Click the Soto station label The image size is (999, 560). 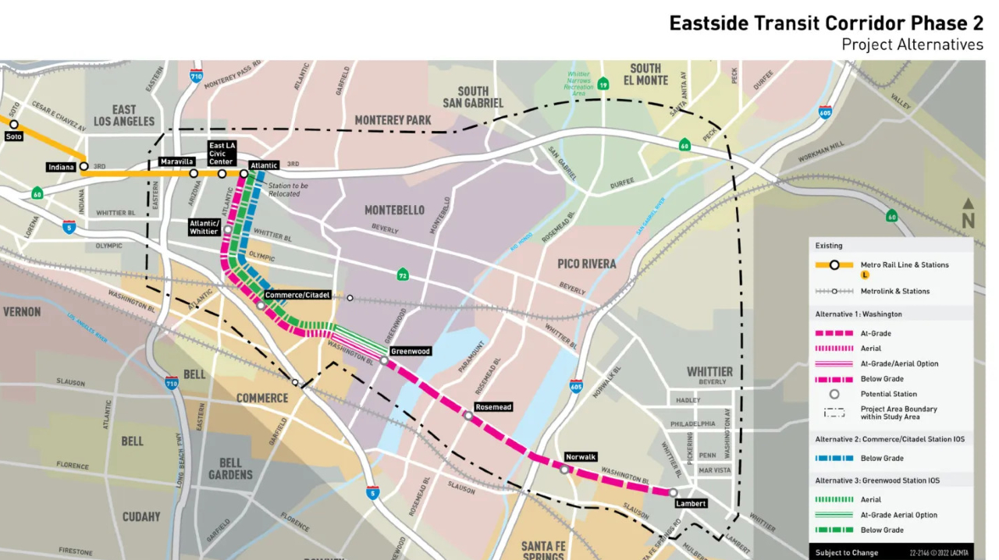(13, 136)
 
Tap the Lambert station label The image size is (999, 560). (691, 504)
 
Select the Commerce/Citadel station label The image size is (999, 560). (297, 296)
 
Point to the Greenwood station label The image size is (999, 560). (410, 351)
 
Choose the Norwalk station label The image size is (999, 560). (580, 457)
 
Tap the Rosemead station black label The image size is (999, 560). (493, 407)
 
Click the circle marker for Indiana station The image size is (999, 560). (84, 166)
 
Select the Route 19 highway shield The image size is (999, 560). (603, 84)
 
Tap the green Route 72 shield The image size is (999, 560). (403, 275)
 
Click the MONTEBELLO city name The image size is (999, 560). (394, 211)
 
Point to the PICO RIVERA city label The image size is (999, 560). (587, 264)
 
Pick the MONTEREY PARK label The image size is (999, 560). (393, 120)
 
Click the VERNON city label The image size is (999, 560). (21, 311)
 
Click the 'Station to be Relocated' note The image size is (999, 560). (288, 190)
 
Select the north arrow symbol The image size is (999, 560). (968, 214)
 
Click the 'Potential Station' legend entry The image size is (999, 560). (888, 394)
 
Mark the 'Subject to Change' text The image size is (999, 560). (847, 552)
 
